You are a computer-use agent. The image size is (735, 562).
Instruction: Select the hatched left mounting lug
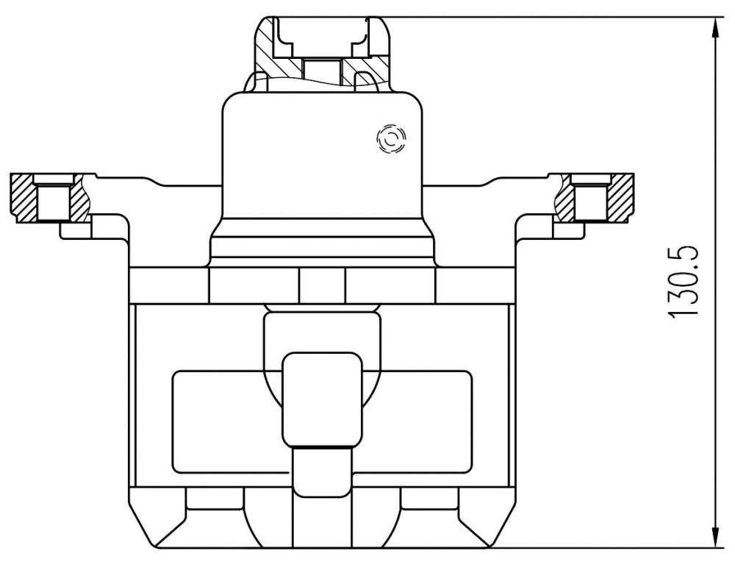tap(50, 197)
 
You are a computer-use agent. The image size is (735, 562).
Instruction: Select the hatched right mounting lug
tap(595, 197)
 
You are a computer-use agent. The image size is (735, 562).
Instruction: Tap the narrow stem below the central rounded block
tap(322, 471)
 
